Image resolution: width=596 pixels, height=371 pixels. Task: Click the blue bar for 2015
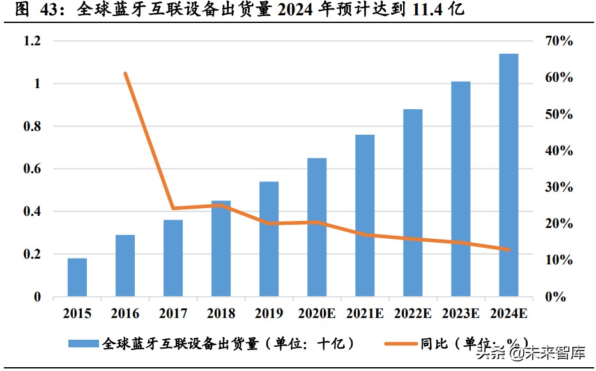(x=77, y=278)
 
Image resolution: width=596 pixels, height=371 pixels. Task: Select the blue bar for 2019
(x=269, y=239)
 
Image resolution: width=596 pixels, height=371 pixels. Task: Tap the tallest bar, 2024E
(x=508, y=176)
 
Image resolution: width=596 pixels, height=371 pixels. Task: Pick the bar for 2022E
(x=413, y=203)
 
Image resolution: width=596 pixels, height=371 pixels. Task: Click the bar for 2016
(x=125, y=266)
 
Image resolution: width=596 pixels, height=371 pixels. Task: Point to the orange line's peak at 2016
(x=125, y=73)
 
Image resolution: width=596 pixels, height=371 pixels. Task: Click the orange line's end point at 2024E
(x=508, y=249)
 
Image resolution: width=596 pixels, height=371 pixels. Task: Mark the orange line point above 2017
(x=173, y=208)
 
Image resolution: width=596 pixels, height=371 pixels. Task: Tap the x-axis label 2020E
(x=317, y=314)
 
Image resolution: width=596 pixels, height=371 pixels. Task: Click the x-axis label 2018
(x=221, y=314)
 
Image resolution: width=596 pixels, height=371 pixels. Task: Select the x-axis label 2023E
(x=461, y=314)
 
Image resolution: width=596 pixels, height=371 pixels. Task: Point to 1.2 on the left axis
(x=32, y=42)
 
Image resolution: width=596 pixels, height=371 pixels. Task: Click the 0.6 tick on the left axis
(x=32, y=169)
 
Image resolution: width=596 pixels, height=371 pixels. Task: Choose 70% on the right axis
(x=559, y=42)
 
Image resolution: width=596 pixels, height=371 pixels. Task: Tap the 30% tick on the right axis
(x=559, y=188)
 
